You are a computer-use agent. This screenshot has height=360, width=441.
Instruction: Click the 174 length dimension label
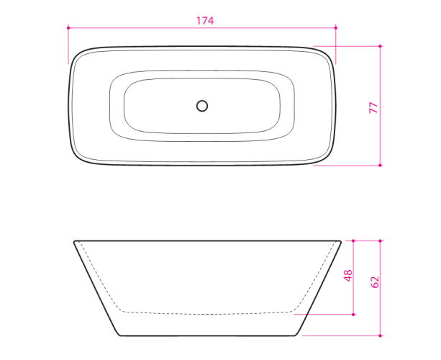205,21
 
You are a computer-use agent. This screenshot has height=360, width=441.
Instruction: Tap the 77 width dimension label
373,107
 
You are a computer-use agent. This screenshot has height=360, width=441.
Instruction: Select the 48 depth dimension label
348,276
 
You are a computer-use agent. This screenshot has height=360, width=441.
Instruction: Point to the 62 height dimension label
375,282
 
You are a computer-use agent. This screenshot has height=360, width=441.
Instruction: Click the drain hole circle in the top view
202,106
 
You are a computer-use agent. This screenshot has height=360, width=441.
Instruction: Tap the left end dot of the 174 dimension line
68,28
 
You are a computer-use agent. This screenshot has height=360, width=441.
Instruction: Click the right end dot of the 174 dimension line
335,28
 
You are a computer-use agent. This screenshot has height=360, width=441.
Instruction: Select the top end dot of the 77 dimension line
380,46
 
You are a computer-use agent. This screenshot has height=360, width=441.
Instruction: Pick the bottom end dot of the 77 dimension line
380,165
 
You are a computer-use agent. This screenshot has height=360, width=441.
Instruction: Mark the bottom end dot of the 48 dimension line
353,315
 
